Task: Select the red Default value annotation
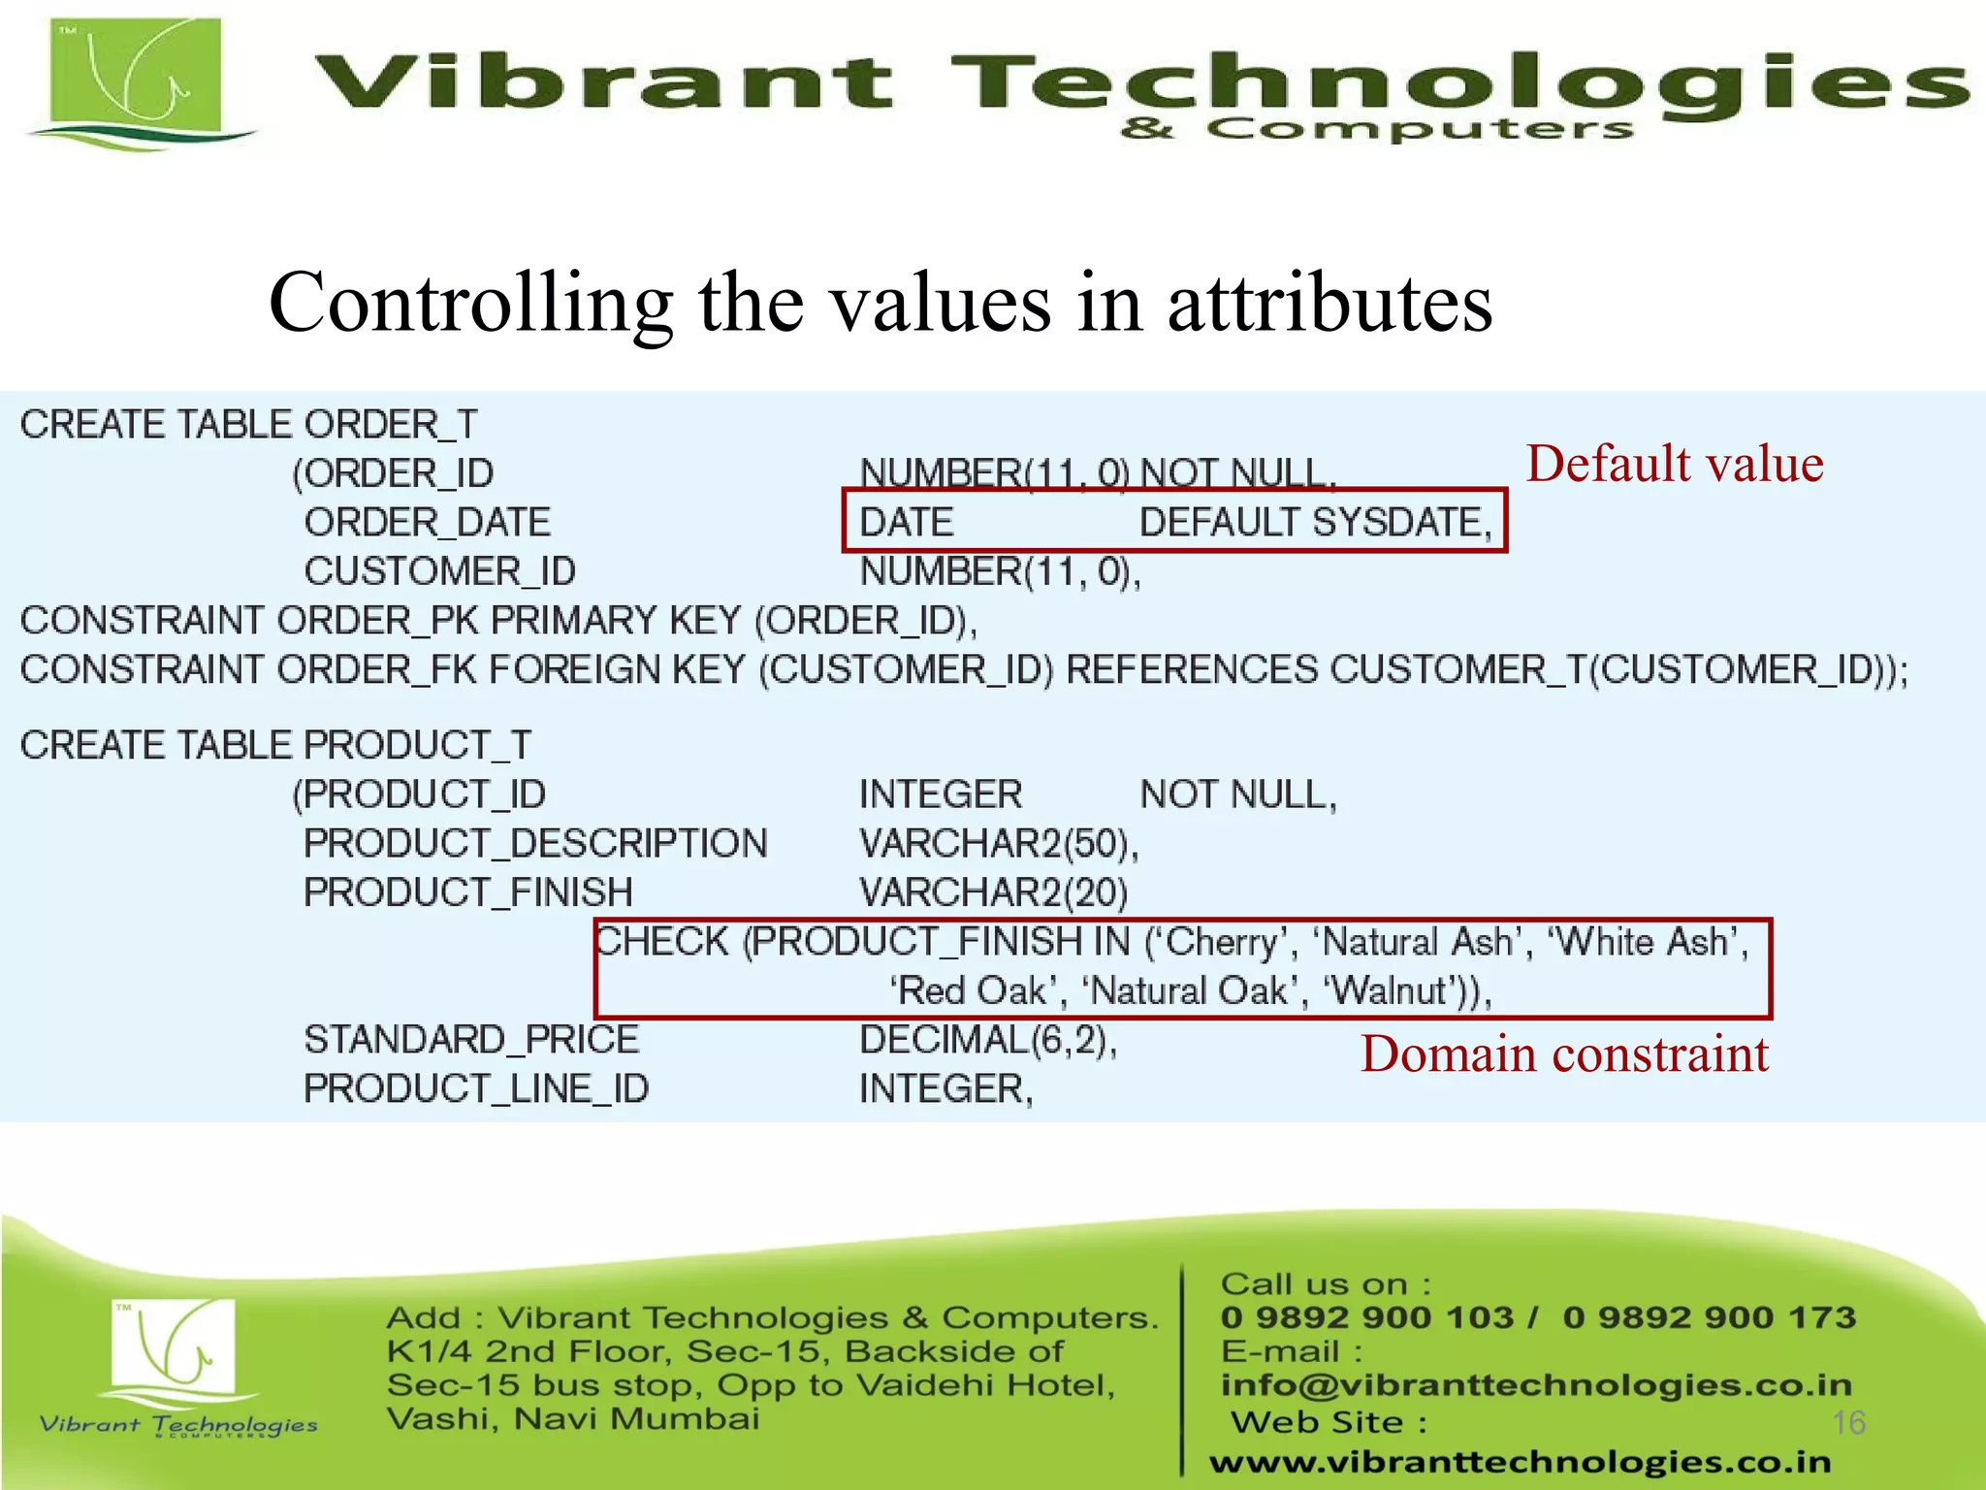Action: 1675,464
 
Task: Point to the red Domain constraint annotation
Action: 1564,1054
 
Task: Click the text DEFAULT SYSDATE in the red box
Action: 1315,523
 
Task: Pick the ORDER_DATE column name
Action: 428,523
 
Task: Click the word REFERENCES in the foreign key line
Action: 1192,670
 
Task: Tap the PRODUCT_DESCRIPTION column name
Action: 535,844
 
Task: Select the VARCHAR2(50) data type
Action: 999,844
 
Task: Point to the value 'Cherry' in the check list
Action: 1222,942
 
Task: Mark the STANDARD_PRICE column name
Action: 471,1040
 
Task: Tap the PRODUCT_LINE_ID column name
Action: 476,1089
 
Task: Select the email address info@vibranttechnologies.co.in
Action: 1536,1385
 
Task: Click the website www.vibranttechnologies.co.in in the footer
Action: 1520,1462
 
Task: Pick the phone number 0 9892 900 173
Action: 1709,1317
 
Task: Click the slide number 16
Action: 1848,1423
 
